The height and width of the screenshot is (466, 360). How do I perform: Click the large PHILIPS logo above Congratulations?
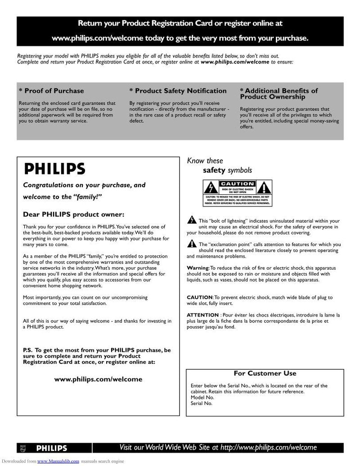click(54, 169)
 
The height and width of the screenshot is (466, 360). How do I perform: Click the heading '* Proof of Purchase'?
click(51, 91)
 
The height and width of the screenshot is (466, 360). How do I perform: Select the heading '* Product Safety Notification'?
click(178, 91)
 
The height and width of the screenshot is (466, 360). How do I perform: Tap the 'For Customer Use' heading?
click(265, 373)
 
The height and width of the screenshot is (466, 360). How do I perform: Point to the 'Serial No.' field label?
click(202, 403)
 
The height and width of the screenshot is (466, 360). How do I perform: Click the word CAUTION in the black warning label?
click(237, 184)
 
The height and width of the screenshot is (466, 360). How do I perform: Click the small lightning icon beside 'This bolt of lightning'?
click(191, 220)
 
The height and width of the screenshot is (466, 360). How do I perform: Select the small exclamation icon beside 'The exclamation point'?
click(191, 244)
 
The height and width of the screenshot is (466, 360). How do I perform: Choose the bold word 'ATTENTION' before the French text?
click(202, 315)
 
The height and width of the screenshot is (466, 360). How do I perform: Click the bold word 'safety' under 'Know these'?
click(214, 170)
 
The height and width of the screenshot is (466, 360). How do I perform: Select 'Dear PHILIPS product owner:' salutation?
click(73, 214)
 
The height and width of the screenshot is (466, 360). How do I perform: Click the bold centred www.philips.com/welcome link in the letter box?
click(98, 379)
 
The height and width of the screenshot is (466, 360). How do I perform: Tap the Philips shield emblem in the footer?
click(24, 448)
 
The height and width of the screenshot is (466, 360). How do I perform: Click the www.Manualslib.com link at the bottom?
click(58, 461)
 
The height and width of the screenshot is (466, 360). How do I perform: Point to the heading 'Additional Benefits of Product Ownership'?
click(279, 94)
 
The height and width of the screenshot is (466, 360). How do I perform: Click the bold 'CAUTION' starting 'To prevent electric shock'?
click(199, 297)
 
